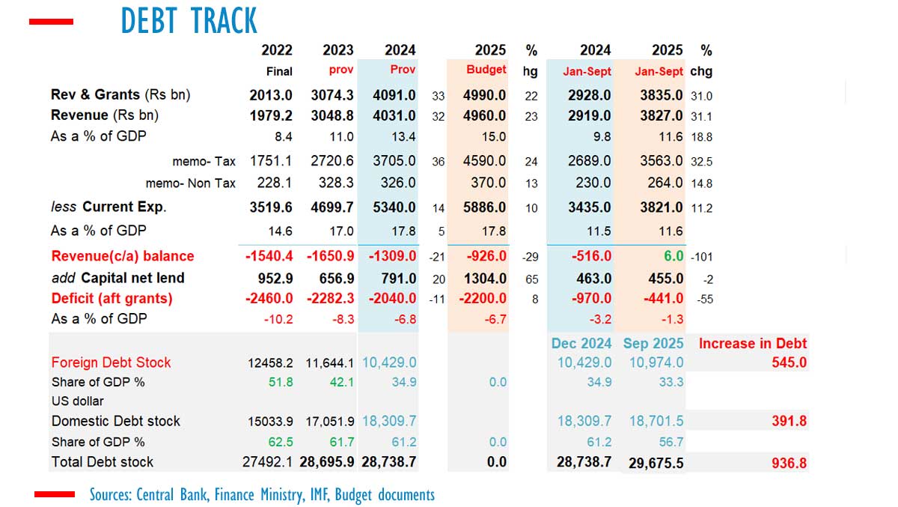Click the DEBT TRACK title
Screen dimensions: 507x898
[x=189, y=21]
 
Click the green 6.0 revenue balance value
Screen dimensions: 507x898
[x=673, y=256]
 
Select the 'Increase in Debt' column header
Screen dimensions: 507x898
[x=752, y=344]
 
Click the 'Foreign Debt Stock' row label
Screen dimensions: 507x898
[x=111, y=362]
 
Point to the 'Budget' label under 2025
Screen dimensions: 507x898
[x=486, y=70]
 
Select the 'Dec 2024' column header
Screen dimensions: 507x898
[x=581, y=344]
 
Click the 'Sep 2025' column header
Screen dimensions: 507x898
[x=653, y=344]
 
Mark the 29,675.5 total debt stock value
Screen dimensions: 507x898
[x=652, y=462]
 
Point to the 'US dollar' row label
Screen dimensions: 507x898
[x=78, y=401]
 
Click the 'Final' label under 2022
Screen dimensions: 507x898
[x=279, y=71]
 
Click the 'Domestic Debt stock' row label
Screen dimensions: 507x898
[x=116, y=421]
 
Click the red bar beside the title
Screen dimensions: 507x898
[x=51, y=22]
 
